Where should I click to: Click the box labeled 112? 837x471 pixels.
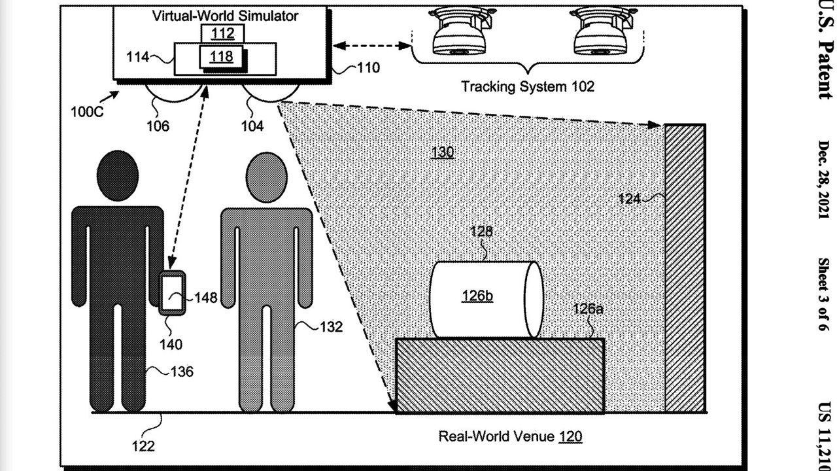pyautogui.click(x=222, y=33)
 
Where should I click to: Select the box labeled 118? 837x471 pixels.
pyautogui.click(x=222, y=57)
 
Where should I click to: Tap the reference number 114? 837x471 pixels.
pyautogui.click(x=137, y=58)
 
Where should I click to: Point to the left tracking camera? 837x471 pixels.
pyautogui.click(x=458, y=32)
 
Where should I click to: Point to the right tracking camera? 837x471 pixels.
pyautogui.click(x=600, y=32)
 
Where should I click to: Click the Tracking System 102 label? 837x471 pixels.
pyautogui.click(x=528, y=86)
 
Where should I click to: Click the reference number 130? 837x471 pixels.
pyautogui.click(x=442, y=153)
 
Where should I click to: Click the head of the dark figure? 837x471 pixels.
pyautogui.click(x=118, y=175)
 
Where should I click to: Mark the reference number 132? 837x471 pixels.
pyautogui.click(x=331, y=327)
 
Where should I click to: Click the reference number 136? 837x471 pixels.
pyautogui.click(x=182, y=372)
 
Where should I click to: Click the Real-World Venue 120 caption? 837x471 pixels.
pyautogui.click(x=510, y=436)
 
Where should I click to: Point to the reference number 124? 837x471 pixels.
pyautogui.click(x=629, y=198)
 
